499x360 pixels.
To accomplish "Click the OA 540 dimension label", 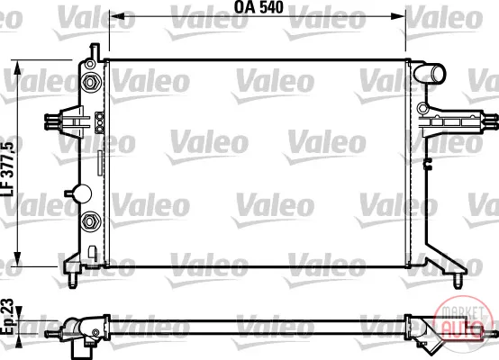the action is coord(259,7).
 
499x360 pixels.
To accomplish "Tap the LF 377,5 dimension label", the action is coord(8,169).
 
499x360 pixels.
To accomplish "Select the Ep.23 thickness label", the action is coord(7,317).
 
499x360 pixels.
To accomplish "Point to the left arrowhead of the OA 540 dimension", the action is coord(117,16).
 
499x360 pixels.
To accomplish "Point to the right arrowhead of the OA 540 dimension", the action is coord(398,16).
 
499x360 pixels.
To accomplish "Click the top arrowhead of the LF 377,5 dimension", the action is coord(18,67).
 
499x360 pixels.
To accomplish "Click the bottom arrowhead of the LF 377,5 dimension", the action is coord(18,259).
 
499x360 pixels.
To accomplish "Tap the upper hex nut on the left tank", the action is coord(90,82).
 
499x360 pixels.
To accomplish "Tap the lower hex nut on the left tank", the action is coord(90,221).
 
